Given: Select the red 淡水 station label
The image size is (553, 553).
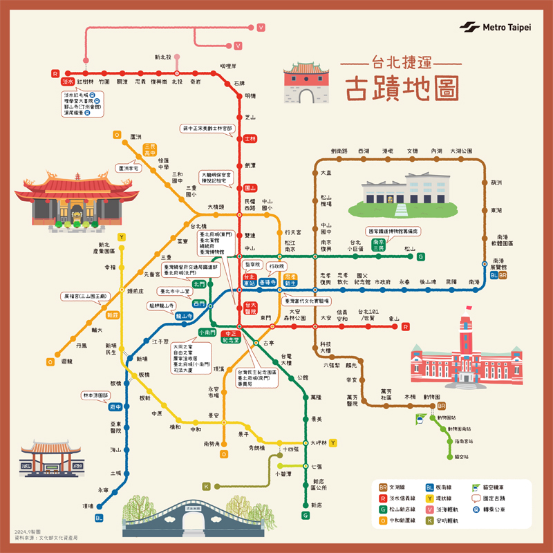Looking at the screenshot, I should click(x=68, y=82).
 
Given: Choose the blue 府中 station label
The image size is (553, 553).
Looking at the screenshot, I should click(x=115, y=407).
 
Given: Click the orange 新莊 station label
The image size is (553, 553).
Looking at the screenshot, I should click(x=113, y=315).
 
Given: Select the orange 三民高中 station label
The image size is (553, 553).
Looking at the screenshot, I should click(x=150, y=149).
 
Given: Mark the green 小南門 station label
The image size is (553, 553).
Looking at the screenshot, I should click(x=207, y=332).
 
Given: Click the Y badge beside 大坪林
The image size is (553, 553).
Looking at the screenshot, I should click(x=332, y=442).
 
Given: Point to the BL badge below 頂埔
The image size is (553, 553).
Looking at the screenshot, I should click(x=99, y=518).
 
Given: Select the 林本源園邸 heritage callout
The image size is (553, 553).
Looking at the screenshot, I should click(x=96, y=395).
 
